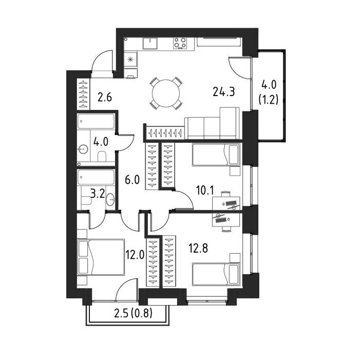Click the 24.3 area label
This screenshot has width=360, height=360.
(223, 91)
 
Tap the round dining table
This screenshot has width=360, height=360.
(166, 93)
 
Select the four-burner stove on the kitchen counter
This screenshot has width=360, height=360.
(180, 43)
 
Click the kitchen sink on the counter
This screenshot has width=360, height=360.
(150, 43)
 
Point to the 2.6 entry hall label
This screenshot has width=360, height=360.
(104, 97)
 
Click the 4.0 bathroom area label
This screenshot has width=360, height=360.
(101, 142)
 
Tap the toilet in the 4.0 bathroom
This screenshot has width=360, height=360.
(102, 156)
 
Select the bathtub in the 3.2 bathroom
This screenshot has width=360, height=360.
(96, 177)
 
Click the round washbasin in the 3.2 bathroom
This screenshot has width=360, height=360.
(110, 199)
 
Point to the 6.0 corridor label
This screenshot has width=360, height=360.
(132, 180)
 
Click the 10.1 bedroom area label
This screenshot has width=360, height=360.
(205, 191)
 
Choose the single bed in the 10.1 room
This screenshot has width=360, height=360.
(216, 155)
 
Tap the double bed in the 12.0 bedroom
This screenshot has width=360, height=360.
(101, 257)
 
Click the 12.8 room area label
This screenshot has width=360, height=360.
(198, 248)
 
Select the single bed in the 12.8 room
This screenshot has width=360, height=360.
(216, 274)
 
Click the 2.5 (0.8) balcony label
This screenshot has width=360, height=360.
(133, 313)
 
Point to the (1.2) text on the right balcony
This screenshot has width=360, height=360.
(269, 100)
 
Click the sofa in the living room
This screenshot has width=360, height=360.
(212, 124)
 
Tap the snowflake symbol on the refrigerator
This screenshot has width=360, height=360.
(130, 60)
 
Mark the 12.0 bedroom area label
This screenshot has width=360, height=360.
(135, 255)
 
